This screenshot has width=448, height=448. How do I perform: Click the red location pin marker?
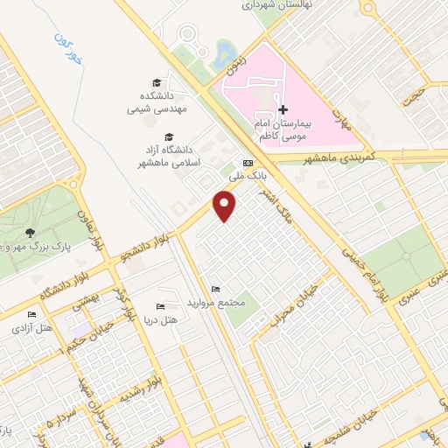point(226,206)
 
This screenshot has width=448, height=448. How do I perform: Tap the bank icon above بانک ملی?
point(248,164)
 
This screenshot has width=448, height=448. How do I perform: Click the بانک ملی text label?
point(247,177)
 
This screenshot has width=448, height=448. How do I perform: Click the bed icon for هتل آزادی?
point(32,315)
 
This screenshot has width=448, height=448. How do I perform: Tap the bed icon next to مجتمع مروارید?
point(215,290)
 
